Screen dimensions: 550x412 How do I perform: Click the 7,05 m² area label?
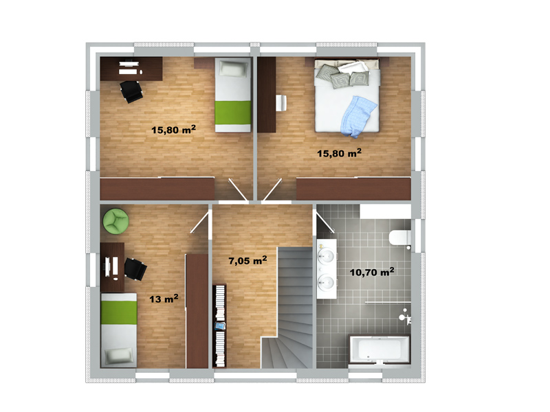pos(247,260)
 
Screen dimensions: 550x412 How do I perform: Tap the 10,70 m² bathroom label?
pos(372,272)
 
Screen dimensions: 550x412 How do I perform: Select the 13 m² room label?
pos(164,299)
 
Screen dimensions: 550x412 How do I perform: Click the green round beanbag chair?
pos(115,220)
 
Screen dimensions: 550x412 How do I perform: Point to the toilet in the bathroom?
pos(400,237)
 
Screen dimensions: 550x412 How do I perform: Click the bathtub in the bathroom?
pos(379,350)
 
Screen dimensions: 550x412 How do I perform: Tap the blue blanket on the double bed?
pos(357,116)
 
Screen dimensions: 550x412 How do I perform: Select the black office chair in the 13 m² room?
pos(135,268)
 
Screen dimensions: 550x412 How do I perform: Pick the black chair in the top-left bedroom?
pos(131,91)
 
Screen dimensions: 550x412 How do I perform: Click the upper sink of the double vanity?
pos(326,255)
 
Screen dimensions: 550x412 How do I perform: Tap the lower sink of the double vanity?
pos(326,282)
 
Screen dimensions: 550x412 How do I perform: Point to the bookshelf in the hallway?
pos(219,325)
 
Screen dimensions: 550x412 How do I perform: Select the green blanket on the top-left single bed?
pos(233,113)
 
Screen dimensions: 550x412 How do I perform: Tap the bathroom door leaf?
pos(325,222)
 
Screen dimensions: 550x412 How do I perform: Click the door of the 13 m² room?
pos(199,222)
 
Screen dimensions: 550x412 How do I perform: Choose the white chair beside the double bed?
pos(281,102)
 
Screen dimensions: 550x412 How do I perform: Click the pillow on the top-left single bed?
pos(233,69)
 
